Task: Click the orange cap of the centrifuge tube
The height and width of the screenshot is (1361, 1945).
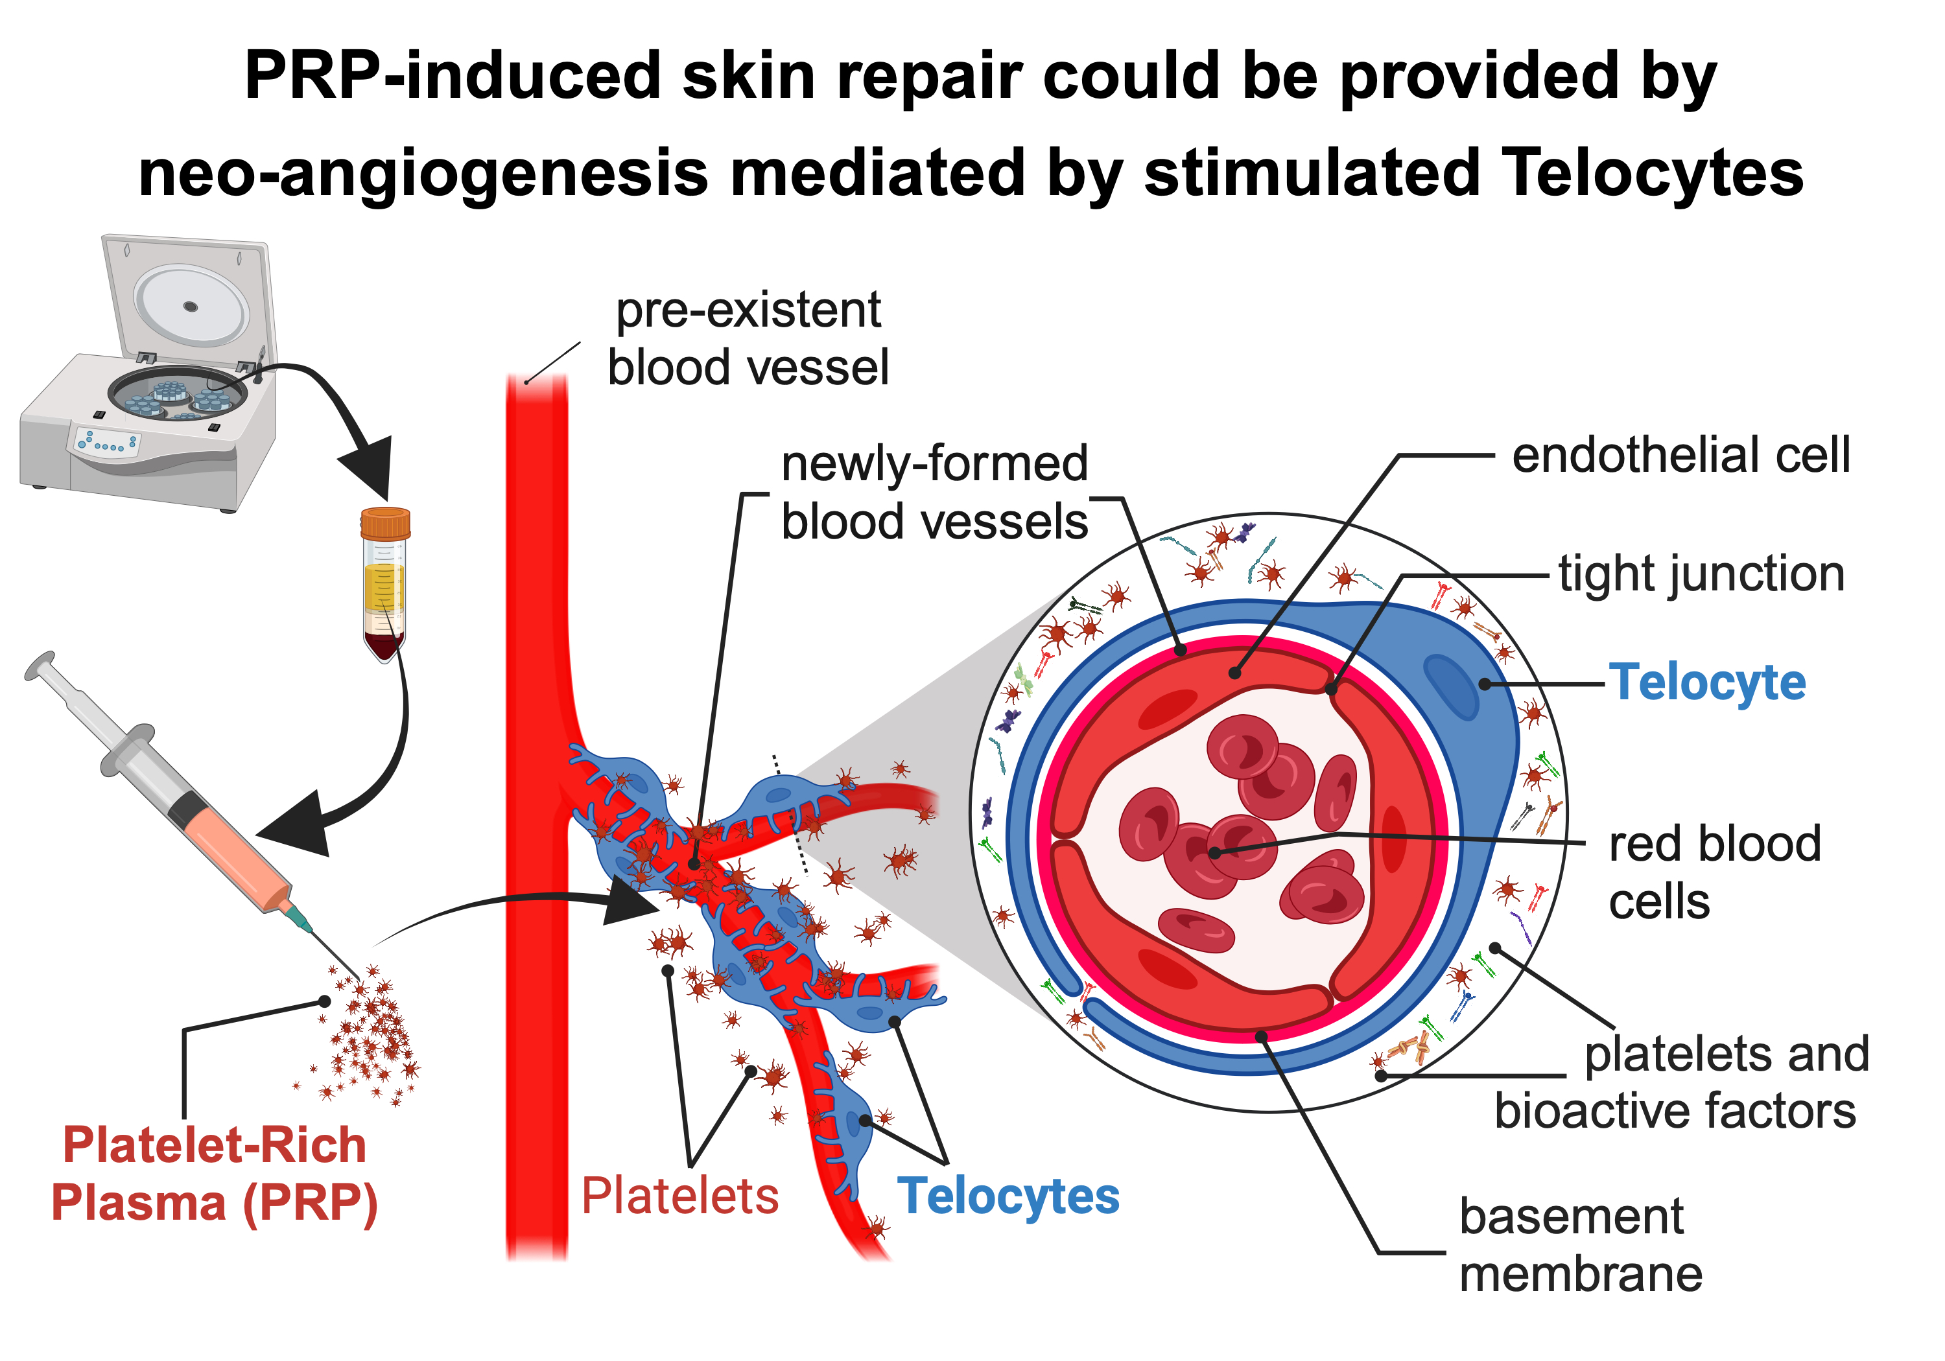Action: coord(386,522)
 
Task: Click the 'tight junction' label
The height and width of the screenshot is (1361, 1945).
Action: coord(1701,574)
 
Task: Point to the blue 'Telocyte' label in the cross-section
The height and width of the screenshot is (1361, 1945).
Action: coord(1708,682)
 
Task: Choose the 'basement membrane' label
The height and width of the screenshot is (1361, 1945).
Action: coord(1580,1245)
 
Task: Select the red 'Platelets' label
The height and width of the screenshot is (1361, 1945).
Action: coord(679,1196)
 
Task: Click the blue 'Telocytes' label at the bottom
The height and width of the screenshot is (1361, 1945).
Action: coord(1008,1196)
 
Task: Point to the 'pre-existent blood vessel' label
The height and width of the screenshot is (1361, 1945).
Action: coord(748,339)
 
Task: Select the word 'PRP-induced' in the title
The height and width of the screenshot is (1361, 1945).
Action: coord(451,76)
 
